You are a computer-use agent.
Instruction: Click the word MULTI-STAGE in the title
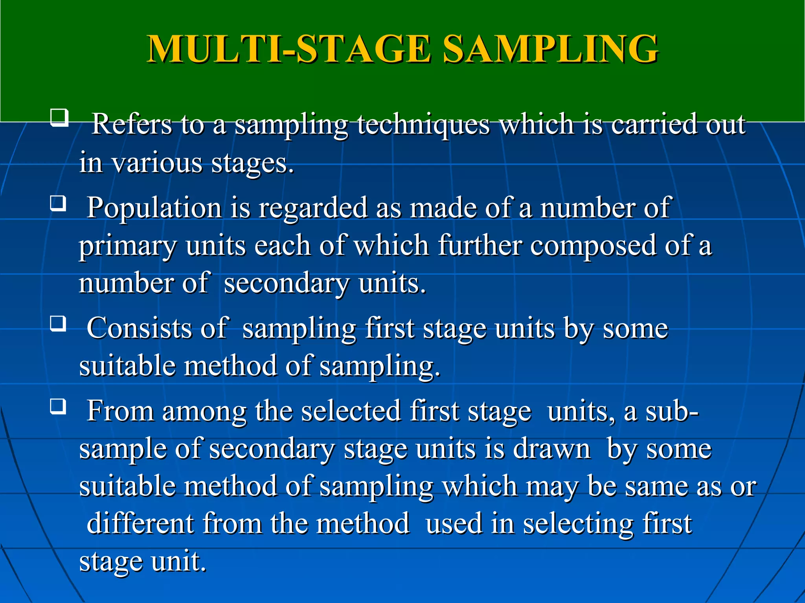[289, 49]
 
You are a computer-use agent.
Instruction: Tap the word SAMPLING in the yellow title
[550, 49]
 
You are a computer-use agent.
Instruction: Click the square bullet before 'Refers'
[59, 117]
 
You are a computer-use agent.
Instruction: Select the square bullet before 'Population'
[58, 204]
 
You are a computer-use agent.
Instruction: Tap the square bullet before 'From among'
[58, 406]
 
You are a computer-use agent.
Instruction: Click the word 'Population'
[154, 208]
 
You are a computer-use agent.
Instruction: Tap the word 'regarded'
[313, 208]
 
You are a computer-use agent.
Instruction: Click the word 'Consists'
[139, 328]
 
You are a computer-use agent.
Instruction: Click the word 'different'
[140, 524]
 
